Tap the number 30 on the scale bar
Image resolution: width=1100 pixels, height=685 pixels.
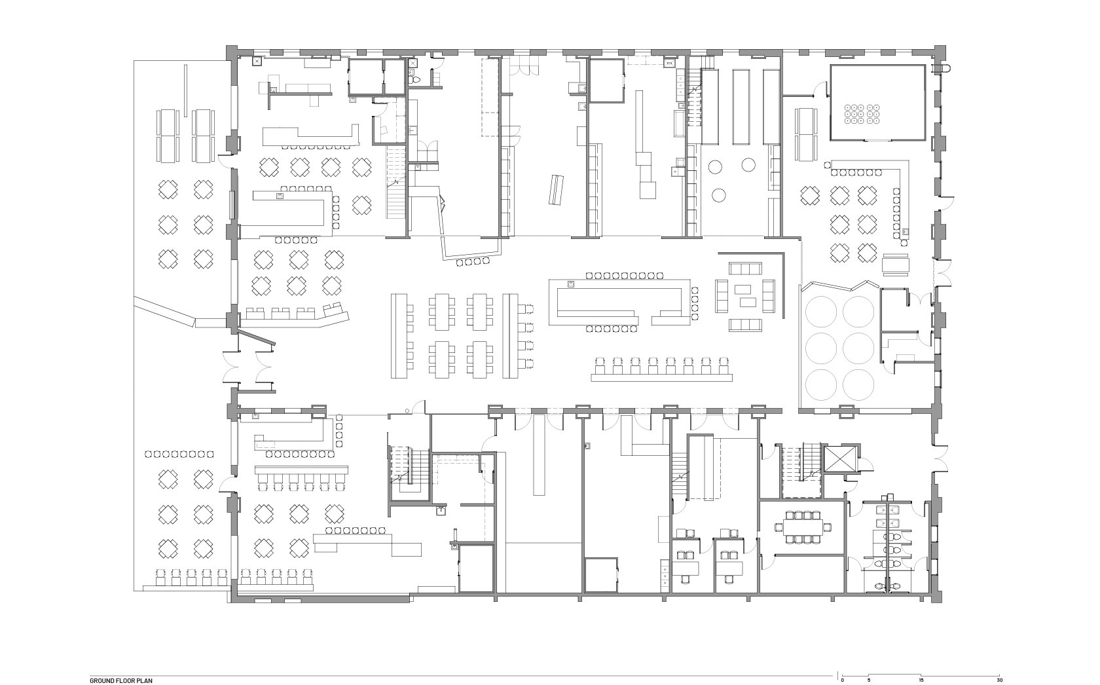tap(999, 680)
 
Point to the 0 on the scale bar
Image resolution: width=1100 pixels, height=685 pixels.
tap(842, 680)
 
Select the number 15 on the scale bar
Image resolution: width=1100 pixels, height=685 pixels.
tap(921, 680)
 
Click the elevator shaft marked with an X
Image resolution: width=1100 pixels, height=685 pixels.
tap(839, 459)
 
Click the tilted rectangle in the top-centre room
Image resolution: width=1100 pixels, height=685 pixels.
tap(557, 189)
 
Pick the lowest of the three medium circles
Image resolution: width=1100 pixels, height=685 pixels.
tap(719, 195)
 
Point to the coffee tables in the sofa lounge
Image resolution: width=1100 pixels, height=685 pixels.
tap(745, 295)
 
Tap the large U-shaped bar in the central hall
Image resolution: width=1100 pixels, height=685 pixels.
tap(619, 302)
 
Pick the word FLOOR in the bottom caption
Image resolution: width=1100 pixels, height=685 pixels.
tap(123, 680)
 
